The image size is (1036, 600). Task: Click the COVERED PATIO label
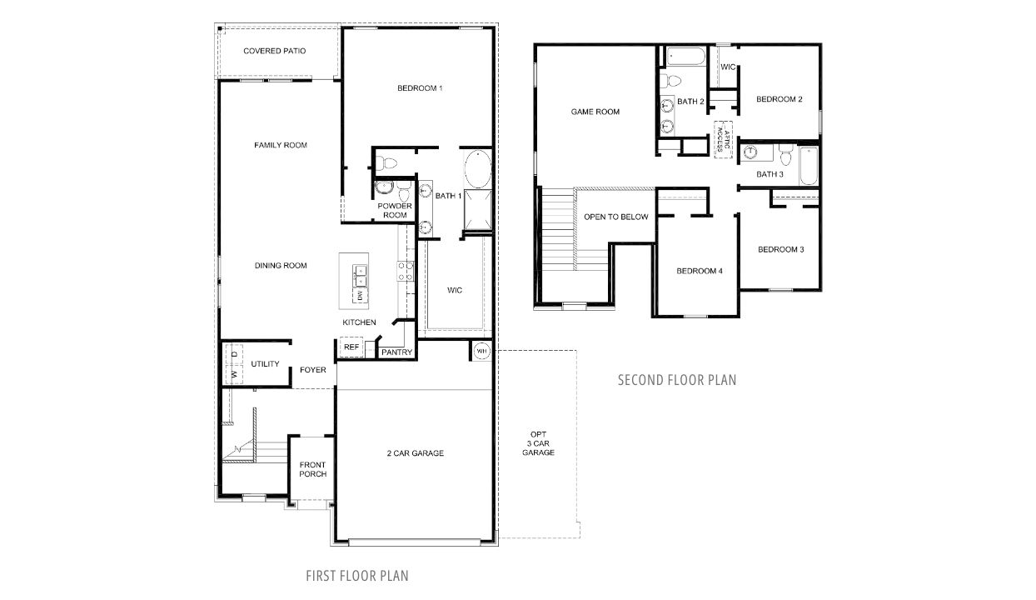[x=274, y=51]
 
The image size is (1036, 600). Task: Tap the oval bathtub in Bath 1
[x=476, y=168]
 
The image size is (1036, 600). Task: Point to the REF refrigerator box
[x=351, y=347]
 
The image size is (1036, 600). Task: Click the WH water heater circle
[x=481, y=352]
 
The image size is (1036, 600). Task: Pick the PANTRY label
[x=396, y=352]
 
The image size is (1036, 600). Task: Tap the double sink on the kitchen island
[x=361, y=272]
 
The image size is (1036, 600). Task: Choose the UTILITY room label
[x=265, y=364]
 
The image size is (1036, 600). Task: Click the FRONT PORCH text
[x=312, y=469]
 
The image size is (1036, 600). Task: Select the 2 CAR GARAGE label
[x=415, y=453]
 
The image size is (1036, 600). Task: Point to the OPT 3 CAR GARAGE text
[x=538, y=443]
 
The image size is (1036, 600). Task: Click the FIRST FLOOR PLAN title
[x=356, y=575]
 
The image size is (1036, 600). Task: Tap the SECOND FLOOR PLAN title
[x=676, y=380]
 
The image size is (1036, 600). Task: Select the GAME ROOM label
[x=595, y=112]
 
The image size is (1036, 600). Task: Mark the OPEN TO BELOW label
[x=615, y=217]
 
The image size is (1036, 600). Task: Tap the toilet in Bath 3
[x=785, y=155]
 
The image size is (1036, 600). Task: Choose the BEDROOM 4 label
[x=699, y=271]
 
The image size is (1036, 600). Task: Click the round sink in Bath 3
[x=751, y=152]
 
